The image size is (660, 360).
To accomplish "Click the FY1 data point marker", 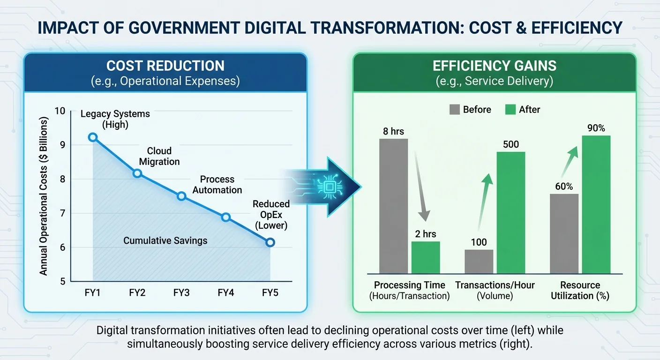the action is [x=93, y=137].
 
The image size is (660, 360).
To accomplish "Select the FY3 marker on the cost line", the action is [x=181, y=196].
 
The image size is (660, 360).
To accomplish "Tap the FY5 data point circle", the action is [x=270, y=242].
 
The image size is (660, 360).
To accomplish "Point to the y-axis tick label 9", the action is [x=62, y=145].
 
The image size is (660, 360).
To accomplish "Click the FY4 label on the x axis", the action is [x=225, y=292].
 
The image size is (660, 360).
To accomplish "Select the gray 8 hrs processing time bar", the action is [x=393, y=206].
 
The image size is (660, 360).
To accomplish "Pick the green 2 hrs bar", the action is [x=426, y=257].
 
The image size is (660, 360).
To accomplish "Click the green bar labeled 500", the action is [x=511, y=213].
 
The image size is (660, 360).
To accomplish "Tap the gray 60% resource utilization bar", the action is [x=564, y=234].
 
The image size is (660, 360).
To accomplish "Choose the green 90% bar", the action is [x=596, y=205].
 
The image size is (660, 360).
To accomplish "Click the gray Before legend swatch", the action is [x=455, y=109].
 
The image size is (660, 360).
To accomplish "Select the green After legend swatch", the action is [x=510, y=109].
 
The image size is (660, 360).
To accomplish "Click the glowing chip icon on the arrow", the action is [x=330, y=187].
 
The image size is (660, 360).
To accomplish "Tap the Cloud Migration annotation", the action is [x=159, y=156].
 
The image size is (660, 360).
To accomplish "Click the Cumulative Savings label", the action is [x=165, y=240].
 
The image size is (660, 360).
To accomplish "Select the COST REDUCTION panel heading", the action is [x=165, y=66].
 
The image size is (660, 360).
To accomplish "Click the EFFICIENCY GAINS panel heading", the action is [x=495, y=66].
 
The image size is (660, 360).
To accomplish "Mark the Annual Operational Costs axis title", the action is [x=43, y=196].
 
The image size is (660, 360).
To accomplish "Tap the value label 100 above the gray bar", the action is [x=479, y=242].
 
